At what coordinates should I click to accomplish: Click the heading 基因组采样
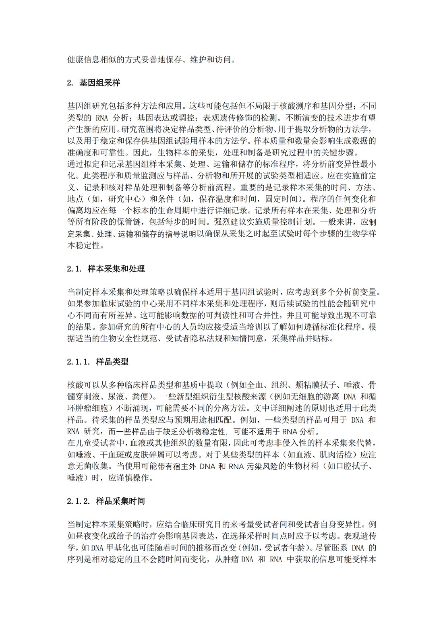(x=100, y=83)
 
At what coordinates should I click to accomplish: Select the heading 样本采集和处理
(x=116, y=269)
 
